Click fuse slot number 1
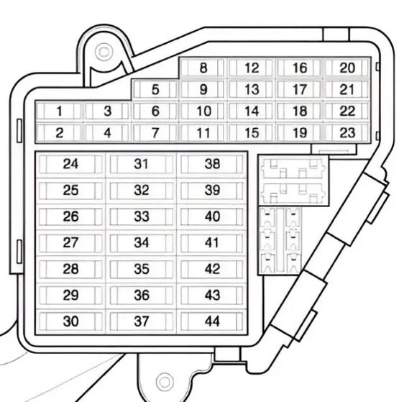[59, 111]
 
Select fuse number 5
[155, 89]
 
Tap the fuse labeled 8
[203, 68]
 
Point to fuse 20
[347, 68]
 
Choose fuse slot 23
[347, 133]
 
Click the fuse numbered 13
[252, 89]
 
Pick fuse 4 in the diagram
[107, 133]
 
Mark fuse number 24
[70, 164]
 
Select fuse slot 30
[70, 321]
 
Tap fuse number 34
[141, 242]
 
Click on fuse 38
[212, 164]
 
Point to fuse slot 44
[212, 321]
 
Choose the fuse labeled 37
[141, 321]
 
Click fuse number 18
[299, 111]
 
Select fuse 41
[212, 242]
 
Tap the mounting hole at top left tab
[104, 52]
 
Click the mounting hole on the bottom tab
[164, 382]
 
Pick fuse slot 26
[70, 216]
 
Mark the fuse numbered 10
[203, 111]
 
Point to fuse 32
[141, 191]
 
